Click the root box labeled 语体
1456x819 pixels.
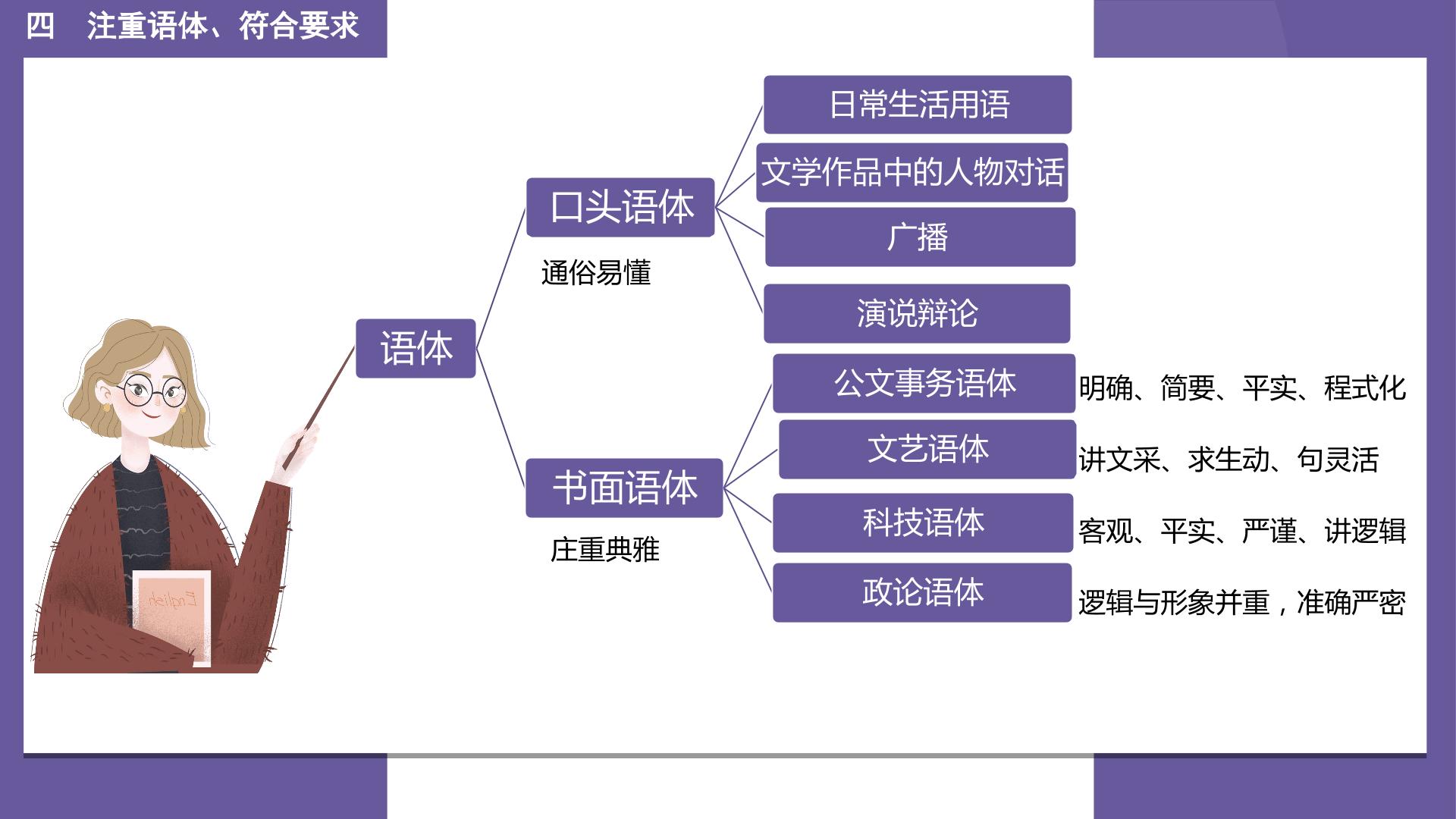pos(416,348)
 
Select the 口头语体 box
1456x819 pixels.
pos(620,207)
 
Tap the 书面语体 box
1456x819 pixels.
pos(624,488)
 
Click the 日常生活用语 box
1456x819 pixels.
pos(918,105)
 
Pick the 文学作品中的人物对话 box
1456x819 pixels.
pos(912,172)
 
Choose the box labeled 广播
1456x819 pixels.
pos(920,237)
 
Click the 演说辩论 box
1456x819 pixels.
pos(917,313)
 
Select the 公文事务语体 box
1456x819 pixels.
pos(924,383)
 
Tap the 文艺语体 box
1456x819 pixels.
pos(927,449)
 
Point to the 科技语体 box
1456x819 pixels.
pos(923,522)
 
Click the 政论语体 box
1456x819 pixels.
pos(922,592)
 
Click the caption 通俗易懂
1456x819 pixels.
pos(596,273)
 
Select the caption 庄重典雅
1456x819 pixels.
pos(605,550)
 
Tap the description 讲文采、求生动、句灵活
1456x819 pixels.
pos(1228,460)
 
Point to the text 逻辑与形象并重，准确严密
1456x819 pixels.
pos(1242,603)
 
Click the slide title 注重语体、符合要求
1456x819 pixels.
pos(223,27)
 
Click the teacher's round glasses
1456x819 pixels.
pos(152,391)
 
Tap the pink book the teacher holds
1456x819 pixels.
pos(171,618)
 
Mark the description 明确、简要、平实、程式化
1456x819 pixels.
pos(1242,388)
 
